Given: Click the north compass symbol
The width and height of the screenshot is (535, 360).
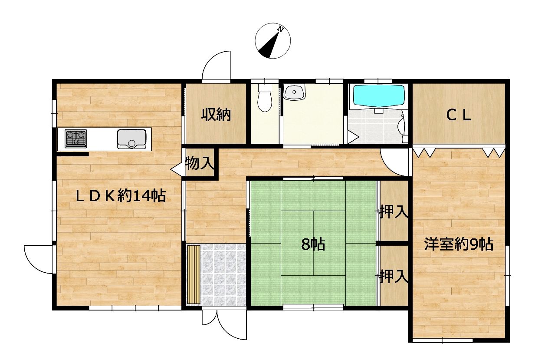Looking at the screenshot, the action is pyautogui.click(x=273, y=41).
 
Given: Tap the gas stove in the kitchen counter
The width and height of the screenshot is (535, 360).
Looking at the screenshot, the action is pyautogui.click(x=75, y=139).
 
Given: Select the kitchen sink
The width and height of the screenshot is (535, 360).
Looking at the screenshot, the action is pyautogui.click(x=131, y=139).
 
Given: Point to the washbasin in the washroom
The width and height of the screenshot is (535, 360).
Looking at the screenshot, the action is pyautogui.click(x=295, y=92).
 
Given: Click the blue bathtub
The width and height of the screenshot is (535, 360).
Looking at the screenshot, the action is pyautogui.click(x=379, y=96).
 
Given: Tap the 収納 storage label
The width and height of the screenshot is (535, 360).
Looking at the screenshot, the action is pyautogui.click(x=216, y=115).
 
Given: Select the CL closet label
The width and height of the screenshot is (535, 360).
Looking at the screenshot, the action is pyautogui.click(x=459, y=116).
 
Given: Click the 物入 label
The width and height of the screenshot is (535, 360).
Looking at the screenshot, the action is pyautogui.click(x=200, y=163).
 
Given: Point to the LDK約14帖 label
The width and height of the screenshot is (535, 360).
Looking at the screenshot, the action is pyautogui.click(x=121, y=196).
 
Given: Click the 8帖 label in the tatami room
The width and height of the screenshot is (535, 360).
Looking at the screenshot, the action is pyautogui.click(x=313, y=244).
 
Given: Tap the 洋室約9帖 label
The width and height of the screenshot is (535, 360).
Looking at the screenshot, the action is pyautogui.click(x=459, y=244).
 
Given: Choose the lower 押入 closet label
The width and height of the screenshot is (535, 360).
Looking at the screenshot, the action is pyautogui.click(x=394, y=276).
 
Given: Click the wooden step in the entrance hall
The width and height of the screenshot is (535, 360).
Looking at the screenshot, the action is pyautogui.click(x=194, y=274).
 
